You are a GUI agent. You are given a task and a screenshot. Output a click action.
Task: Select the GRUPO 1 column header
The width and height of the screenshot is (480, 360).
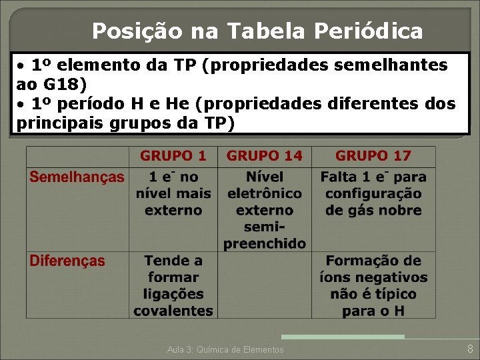click(173, 156)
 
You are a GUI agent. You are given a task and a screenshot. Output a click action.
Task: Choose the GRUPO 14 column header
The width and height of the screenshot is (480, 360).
click(264, 156)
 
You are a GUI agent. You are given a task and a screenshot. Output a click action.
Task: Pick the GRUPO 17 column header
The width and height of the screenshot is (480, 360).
click(373, 156)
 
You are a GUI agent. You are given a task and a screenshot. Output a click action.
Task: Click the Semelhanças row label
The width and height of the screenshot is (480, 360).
click(77, 177)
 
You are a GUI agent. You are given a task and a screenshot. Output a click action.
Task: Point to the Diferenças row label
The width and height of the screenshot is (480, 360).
click(67, 261)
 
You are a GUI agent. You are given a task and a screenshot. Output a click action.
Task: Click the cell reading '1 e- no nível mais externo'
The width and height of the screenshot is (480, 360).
click(173, 193)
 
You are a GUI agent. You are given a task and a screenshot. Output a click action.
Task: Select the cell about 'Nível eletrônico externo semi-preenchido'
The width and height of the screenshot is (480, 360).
click(264, 210)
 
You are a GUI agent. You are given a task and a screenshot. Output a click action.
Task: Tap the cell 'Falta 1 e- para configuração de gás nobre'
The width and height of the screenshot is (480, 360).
click(373, 193)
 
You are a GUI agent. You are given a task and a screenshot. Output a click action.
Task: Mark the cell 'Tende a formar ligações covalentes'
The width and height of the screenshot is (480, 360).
click(173, 285)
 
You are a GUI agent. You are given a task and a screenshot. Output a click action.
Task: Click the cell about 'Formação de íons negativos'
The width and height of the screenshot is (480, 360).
click(373, 285)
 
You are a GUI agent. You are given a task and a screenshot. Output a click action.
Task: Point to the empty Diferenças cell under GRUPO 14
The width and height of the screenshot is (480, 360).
click(264, 285)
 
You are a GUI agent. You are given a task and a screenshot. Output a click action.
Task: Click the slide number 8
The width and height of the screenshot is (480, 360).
click(470, 349)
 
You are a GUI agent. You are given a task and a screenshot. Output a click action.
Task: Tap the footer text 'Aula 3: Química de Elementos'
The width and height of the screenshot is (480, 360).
click(225, 349)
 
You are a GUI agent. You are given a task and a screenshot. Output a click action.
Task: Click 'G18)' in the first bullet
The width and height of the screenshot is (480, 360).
click(65, 85)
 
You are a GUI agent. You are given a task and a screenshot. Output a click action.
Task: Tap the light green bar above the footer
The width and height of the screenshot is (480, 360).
click(343, 337)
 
